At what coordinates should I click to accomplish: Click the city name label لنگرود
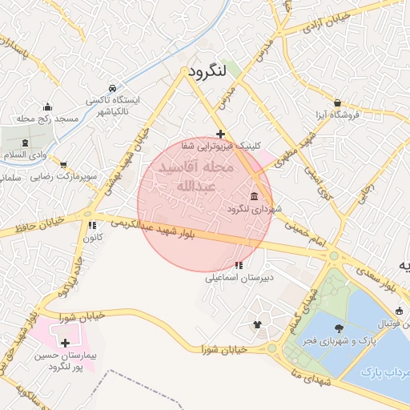[218, 71]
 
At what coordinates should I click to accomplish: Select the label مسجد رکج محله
[50, 119]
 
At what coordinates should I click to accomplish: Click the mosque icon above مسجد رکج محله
[48, 107]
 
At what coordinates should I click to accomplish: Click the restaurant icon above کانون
[92, 226]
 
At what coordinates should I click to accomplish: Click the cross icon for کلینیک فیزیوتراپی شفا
[220, 134]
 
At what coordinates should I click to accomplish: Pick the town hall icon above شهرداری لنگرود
[254, 197]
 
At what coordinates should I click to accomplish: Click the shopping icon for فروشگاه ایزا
[338, 103]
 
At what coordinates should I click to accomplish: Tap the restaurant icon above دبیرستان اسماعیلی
[239, 265]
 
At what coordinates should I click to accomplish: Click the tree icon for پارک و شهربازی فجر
[339, 328]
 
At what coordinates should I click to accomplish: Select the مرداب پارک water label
[381, 372]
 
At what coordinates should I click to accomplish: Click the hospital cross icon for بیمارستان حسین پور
[65, 343]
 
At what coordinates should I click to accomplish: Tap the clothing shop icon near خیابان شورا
[257, 324]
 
